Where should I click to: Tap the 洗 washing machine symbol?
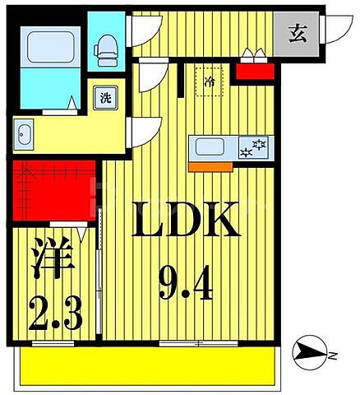tap(106, 97)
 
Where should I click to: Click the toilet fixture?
tap(106, 50)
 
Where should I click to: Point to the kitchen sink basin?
tap(212, 149)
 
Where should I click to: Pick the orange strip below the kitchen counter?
tap(208, 165)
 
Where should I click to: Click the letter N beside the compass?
tap(334, 355)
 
